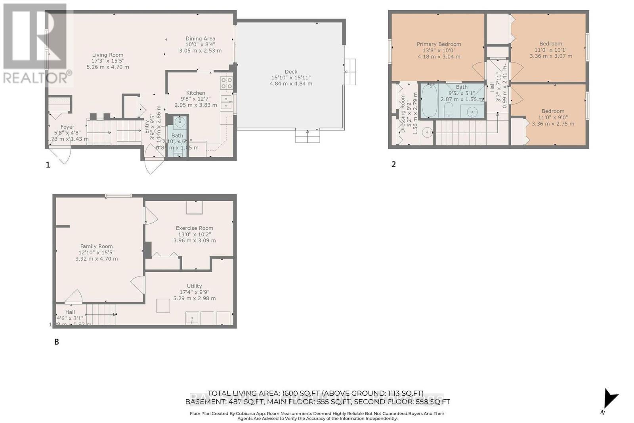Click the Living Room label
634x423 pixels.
tap(107, 55)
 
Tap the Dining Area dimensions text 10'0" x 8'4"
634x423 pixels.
tap(200, 45)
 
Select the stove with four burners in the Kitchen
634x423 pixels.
tap(227, 83)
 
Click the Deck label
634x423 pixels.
tap(291, 72)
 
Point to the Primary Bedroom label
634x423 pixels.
tap(439, 44)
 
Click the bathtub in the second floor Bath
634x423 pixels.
tap(429, 101)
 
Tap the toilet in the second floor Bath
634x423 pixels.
tap(449, 110)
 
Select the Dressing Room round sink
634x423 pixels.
tap(427, 133)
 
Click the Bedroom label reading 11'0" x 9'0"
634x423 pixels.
tap(553, 111)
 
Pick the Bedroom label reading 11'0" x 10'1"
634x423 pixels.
tap(550, 44)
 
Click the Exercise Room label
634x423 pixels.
tap(195, 228)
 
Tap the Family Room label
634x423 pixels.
tap(96, 246)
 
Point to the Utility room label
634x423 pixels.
tap(194, 286)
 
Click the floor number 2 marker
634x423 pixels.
tap(393, 164)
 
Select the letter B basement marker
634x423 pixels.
tap(57, 341)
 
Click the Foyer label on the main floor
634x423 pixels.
tap(67, 127)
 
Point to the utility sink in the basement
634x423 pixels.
tap(192, 318)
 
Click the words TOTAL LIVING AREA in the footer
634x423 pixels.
tap(243, 393)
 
